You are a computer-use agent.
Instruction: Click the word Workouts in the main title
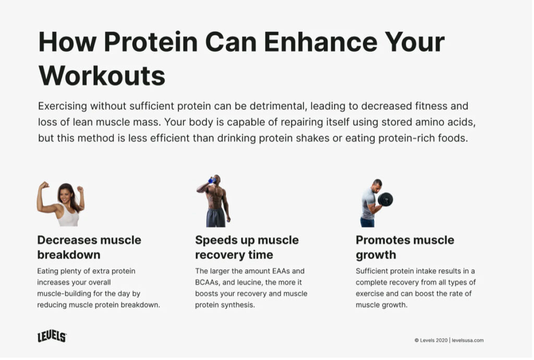(x=102, y=75)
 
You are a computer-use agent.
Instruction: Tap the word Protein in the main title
(x=151, y=42)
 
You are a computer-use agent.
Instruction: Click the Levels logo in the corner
(x=52, y=337)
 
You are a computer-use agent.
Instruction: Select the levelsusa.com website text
(x=468, y=340)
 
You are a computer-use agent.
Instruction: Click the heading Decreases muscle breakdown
(x=89, y=247)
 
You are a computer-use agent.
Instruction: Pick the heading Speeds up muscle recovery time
(x=247, y=247)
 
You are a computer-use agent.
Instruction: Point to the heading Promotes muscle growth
(x=405, y=247)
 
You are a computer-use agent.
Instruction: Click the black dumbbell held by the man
(x=385, y=199)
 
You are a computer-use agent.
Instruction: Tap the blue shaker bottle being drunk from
(x=212, y=180)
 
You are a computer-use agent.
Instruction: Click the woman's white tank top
(x=68, y=217)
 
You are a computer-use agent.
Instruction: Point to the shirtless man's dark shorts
(x=215, y=218)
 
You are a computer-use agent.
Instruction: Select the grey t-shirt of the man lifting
(x=368, y=203)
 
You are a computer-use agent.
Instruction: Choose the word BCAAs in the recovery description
(x=207, y=282)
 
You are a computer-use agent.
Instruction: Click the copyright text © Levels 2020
(x=431, y=340)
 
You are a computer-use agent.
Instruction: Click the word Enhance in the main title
(x=321, y=42)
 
